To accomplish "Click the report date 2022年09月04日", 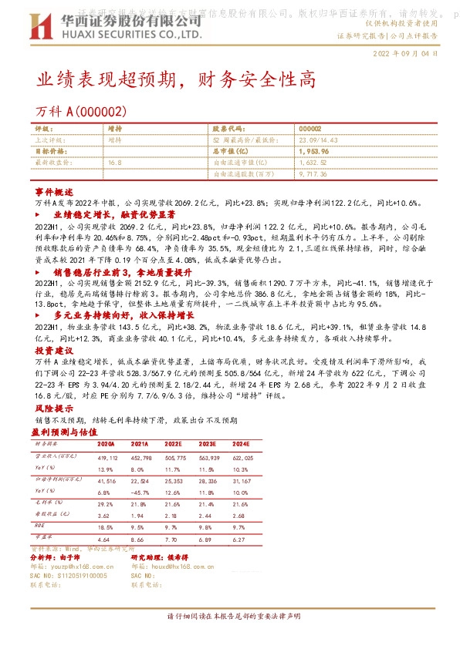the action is [404, 54].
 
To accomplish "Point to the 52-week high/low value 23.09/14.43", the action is [318, 140].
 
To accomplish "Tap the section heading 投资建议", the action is [53, 328].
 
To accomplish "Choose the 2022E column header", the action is [174, 445].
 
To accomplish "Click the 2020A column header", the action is [106, 445].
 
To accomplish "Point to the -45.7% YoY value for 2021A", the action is [140, 493].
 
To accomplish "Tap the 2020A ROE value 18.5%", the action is [106, 528].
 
